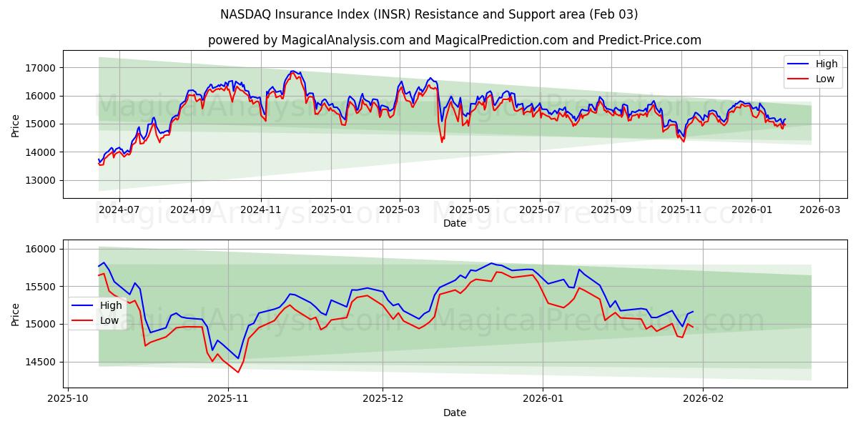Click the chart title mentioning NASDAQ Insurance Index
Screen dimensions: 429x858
coord(429,14)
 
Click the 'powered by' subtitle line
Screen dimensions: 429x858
coord(454,40)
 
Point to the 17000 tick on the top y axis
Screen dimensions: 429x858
coord(41,68)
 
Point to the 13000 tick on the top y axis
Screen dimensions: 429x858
coord(41,180)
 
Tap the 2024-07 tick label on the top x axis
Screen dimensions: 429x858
coord(119,210)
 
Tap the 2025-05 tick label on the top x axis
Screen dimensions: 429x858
coord(469,210)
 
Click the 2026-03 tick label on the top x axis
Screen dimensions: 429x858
coord(819,210)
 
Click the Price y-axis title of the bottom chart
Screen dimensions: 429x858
coord(16,315)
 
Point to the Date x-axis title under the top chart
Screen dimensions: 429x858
coord(454,223)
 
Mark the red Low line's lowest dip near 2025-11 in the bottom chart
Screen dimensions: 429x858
coord(238,372)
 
